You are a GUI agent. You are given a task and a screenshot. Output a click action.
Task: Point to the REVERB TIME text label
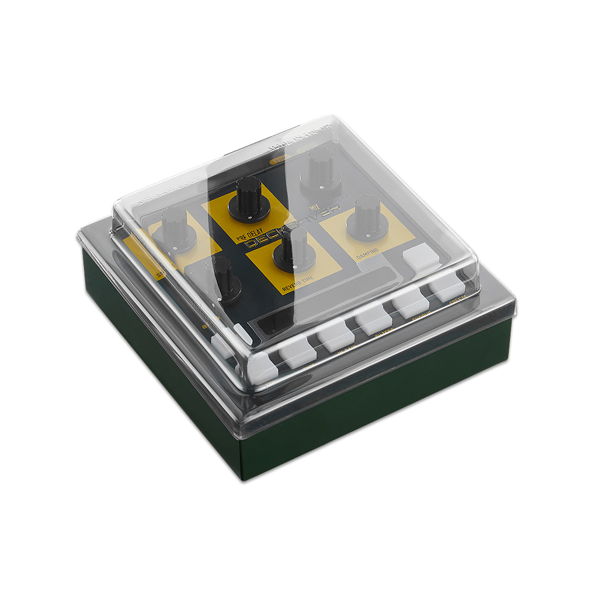coord(298,283)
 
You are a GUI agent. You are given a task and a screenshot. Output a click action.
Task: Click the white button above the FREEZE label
coord(447,286)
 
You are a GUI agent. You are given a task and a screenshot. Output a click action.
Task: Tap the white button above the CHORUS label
coord(411,303)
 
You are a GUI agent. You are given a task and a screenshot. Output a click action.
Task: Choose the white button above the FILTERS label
coord(373,320)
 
